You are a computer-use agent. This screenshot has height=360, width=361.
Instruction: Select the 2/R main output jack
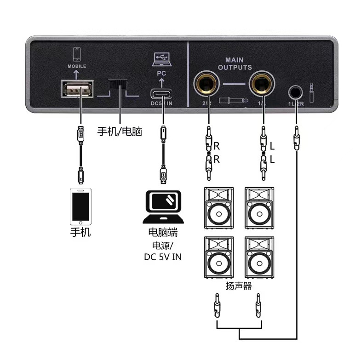click(x=207, y=85)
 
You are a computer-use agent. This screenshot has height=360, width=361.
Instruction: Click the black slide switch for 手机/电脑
click(x=119, y=86)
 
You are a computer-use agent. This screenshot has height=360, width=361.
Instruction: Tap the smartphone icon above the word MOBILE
click(x=77, y=54)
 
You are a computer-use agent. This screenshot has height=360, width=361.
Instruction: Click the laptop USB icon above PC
click(x=161, y=59)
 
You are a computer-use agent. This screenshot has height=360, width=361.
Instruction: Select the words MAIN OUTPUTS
click(x=235, y=63)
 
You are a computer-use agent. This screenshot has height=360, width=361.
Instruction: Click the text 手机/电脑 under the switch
click(x=120, y=132)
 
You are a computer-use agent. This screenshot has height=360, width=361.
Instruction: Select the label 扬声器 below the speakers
click(x=239, y=286)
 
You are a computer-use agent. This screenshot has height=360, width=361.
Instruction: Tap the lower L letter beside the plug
click(x=272, y=160)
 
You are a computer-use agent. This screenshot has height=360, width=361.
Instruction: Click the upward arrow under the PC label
click(x=161, y=82)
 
